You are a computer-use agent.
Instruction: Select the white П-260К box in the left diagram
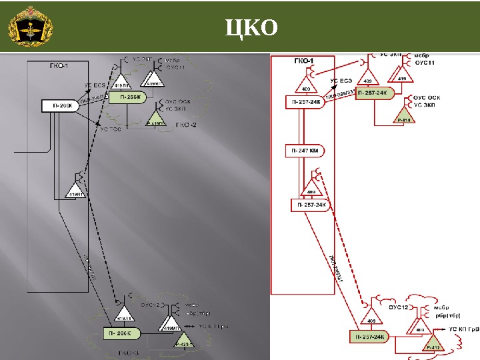tap(59, 105)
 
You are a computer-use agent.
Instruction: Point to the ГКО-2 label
tap(185, 125)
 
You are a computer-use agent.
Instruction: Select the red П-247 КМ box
tap(303, 152)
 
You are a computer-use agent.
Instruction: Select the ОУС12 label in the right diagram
tap(398, 307)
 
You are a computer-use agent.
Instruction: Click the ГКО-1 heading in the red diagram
tap(303, 61)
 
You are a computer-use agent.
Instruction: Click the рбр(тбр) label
tap(449, 317)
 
